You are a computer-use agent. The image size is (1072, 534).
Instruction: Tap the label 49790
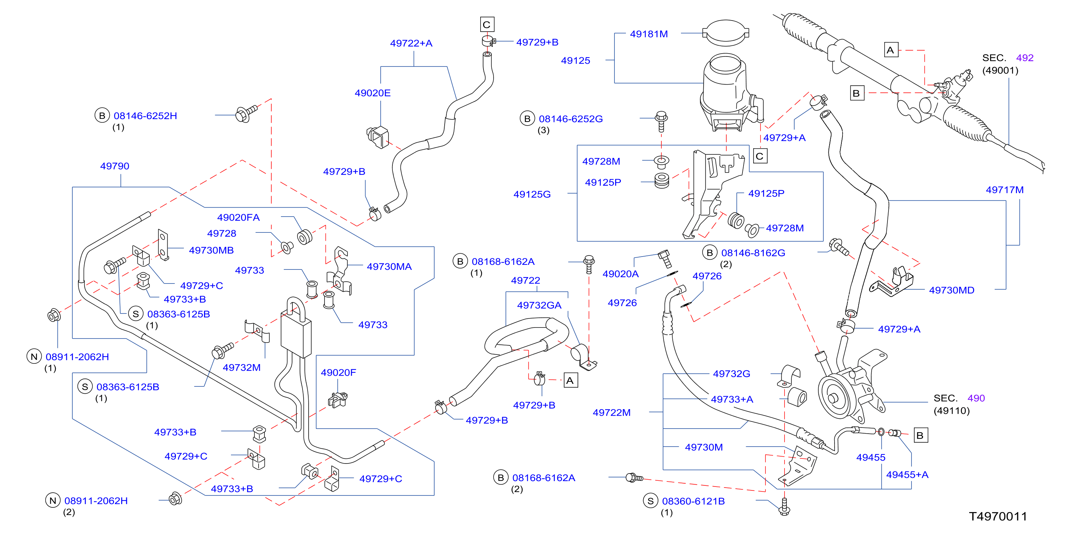click(114, 166)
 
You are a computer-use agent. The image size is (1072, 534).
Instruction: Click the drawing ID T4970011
click(998, 516)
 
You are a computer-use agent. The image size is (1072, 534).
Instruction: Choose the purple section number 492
click(1025, 58)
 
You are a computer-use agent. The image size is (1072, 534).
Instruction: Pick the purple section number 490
click(976, 398)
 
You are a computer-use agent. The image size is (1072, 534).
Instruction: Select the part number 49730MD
click(951, 290)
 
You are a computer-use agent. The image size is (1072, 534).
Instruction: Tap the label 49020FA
click(238, 217)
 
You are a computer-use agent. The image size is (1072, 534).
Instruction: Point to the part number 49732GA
click(539, 305)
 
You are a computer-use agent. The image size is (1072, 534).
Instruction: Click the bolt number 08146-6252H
click(145, 116)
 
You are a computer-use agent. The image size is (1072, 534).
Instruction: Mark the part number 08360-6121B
click(693, 501)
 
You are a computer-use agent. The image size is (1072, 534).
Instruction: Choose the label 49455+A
click(907, 475)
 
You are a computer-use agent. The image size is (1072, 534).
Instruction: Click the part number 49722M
click(611, 412)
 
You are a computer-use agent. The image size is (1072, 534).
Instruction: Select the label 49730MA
click(389, 266)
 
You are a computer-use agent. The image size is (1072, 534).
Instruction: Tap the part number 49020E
click(372, 93)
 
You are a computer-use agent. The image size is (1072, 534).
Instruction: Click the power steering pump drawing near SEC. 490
click(849, 387)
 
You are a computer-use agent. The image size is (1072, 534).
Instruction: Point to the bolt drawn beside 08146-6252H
click(246, 114)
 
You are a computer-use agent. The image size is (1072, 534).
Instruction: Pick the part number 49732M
click(241, 367)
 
